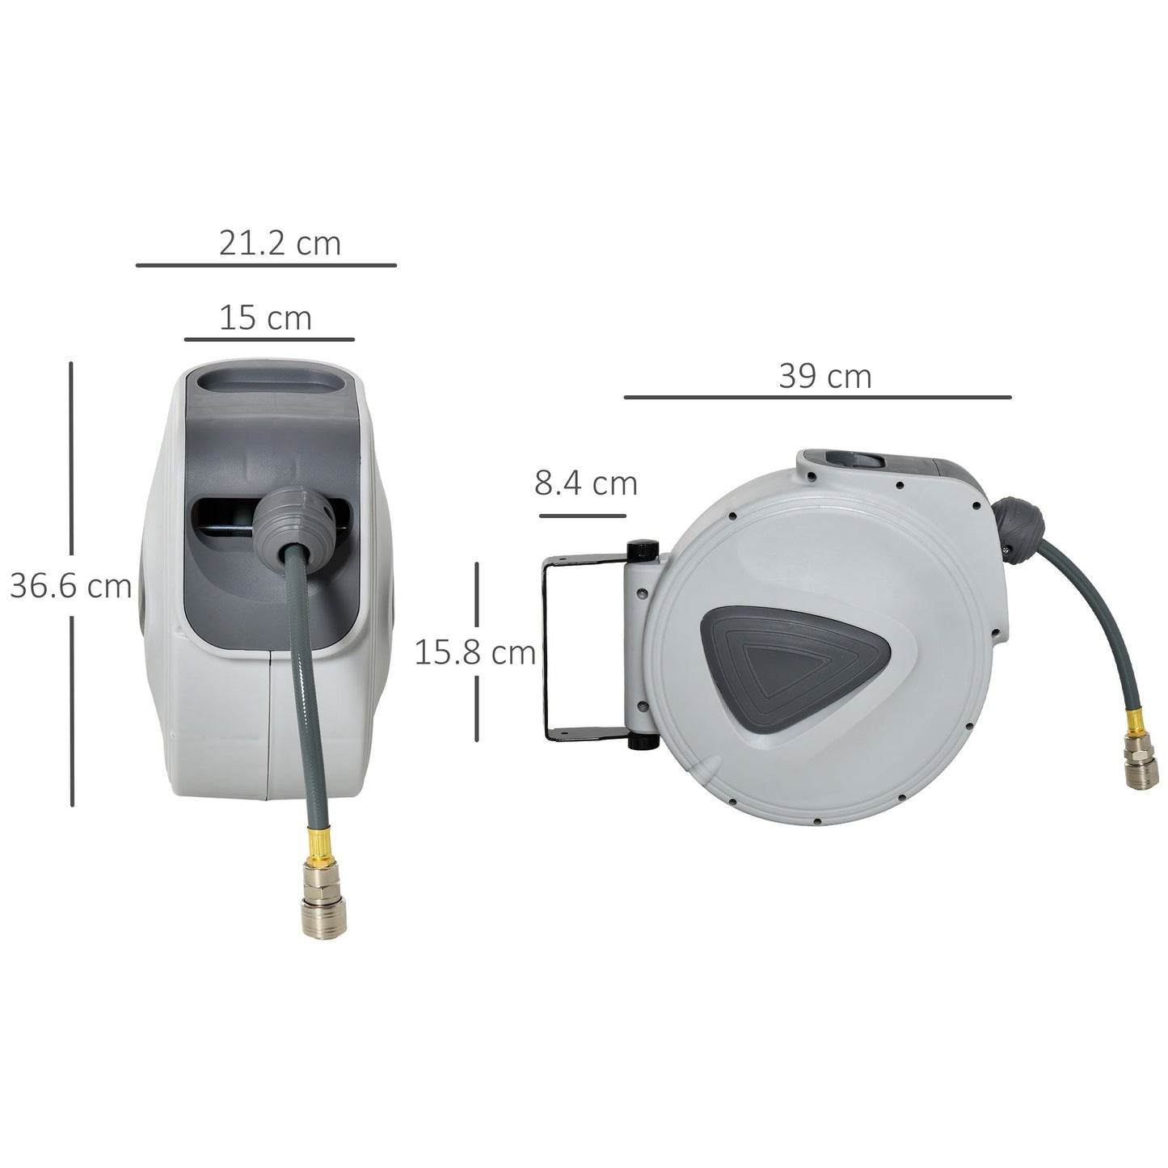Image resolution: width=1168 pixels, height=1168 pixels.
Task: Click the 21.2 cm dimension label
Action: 280,243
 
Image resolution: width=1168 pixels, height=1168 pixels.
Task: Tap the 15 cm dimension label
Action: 265,318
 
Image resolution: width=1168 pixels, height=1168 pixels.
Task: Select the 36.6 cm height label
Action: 70,586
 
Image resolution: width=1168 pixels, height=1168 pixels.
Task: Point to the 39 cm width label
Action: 825,377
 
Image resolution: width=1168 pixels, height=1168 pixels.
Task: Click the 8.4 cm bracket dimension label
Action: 586,483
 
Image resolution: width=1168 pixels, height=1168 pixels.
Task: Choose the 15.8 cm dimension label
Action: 475,652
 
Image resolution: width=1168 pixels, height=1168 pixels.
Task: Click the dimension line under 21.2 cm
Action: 266,264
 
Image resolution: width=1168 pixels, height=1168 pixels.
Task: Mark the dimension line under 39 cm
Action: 817,398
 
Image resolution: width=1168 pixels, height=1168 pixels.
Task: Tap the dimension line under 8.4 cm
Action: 582,516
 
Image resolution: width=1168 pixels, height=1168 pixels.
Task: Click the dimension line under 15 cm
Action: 269,339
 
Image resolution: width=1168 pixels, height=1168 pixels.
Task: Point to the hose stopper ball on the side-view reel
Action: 1016,521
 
